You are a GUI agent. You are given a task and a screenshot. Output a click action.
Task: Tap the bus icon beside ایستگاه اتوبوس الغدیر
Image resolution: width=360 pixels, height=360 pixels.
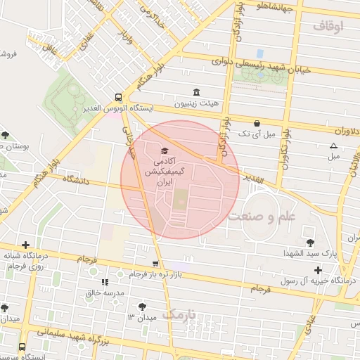click(x=118, y=98)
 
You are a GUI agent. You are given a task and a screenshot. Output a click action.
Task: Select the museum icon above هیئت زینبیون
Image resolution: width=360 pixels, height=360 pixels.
click(x=196, y=92)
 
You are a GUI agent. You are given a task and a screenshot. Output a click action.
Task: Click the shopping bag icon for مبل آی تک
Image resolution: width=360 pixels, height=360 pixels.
click(x=257, y=122)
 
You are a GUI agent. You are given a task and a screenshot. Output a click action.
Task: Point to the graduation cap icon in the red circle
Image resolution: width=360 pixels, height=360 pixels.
click(x=165, y=151)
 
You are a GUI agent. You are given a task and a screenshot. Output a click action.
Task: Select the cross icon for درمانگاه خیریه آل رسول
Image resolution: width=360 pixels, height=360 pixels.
click(x=318, y=270)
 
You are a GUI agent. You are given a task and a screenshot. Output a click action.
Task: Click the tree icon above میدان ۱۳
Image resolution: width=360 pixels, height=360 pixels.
click(x=143, y=306)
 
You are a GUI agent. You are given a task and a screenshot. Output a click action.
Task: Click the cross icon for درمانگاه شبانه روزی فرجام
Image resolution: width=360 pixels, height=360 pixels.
click(x=26, y=245)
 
